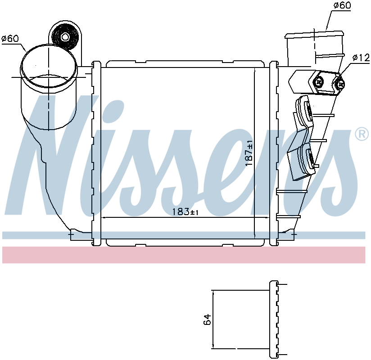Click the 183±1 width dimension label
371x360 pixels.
185,211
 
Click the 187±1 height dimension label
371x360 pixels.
249,153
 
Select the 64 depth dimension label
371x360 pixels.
207,319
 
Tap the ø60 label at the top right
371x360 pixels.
342,5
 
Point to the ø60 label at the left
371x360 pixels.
10,39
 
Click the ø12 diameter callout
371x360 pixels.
361,58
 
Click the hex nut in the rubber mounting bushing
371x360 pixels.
64,36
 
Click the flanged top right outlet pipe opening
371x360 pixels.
314,35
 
